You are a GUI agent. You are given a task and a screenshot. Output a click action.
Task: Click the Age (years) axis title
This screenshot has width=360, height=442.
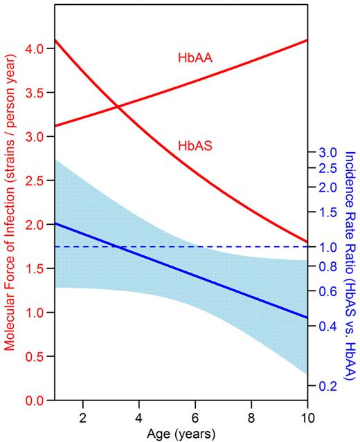pyautogui.click(x=181, y=434)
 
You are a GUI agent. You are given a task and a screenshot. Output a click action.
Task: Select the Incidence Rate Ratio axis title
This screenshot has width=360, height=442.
pyautogui.click(x=350, y=266)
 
